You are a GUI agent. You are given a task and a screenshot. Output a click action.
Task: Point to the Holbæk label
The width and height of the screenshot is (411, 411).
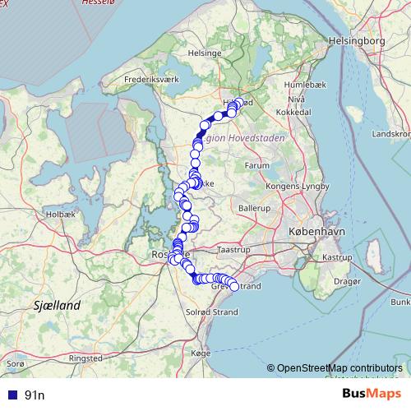pyautogui.click(x=62, y=214)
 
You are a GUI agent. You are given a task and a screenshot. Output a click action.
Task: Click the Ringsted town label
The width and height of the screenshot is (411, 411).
pyautogui.click(x=85, y=358)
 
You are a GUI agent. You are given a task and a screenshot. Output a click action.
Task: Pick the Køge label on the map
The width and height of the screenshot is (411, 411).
pyautogui.click(x=201, y=352)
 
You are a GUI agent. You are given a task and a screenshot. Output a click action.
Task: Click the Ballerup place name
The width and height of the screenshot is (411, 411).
pyautogui.click(x=255, y=210)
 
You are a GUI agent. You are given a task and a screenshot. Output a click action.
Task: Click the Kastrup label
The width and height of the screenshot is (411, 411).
pyautogui.click(x=337, y=257)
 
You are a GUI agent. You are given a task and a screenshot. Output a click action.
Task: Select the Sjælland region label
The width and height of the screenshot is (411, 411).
pyautogui.click(x=58, y=306)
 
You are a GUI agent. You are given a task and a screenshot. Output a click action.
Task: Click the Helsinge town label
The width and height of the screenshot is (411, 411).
pyautogui.click(x=205, y=53)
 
